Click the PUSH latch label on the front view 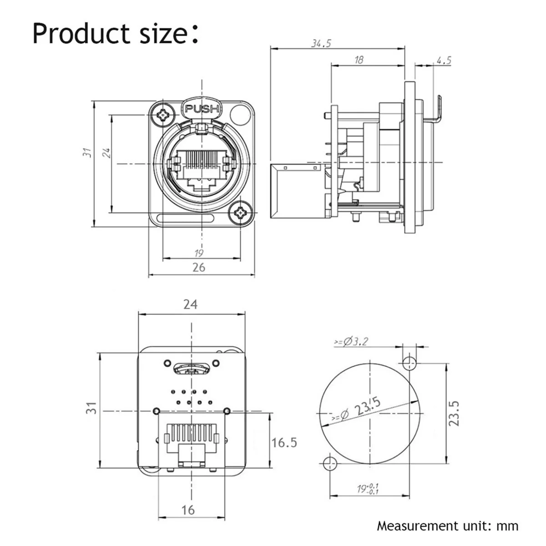[x=202, y=109]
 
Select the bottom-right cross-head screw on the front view [x=239, y=212]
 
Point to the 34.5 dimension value [x=321, y=43]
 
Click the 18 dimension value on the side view [x=359, y=60]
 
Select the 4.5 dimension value [x=443, y=60]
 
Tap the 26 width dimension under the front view [x=199, y=267]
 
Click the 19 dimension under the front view [x=199, y=253]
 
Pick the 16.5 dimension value [x=284, y=442]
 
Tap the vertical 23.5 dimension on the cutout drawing [x=454, y=413]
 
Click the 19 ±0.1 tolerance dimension [x=368, y=489]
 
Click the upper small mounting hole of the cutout [x=409, y=363]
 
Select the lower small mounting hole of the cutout [x=328, y=464]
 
